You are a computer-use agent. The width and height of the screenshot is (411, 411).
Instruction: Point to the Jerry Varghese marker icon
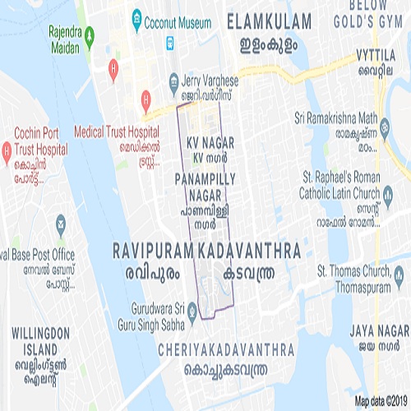point(173,81)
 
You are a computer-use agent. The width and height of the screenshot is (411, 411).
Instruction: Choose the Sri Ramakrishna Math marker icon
point(384,127)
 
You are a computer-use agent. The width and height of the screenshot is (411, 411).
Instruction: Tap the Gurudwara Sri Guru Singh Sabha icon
point(192,311)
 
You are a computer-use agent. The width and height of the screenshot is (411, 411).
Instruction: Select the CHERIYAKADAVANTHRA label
point(227,349)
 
